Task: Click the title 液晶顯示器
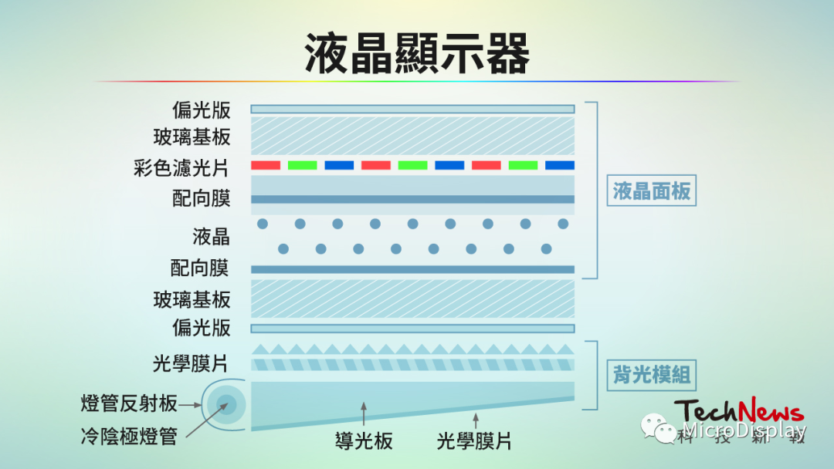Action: click(417, 53)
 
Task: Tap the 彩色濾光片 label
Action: click(181, 168)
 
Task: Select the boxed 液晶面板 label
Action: click(652, 191)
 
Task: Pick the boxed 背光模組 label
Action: click(652, 375)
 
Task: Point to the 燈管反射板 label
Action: click(129, 403)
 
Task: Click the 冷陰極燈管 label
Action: click(129, 437)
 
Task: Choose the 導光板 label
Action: click(364, 441)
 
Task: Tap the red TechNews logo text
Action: click(739, 411)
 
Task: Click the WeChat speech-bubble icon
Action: click(659, 428)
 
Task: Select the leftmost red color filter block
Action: click(266, 165)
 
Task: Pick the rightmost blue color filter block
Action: click(560, 165)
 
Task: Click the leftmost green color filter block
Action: click(302, 165)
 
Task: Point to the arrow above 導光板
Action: click(364, 413)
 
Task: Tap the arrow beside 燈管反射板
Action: click(190, 405)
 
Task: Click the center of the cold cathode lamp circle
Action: click(226, 405)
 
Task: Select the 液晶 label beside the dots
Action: click(211, 237)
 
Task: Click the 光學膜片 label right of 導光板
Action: click(474, 441)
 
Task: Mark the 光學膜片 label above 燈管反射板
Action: click(191, 364)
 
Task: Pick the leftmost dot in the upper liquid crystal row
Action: click(263, 224)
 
